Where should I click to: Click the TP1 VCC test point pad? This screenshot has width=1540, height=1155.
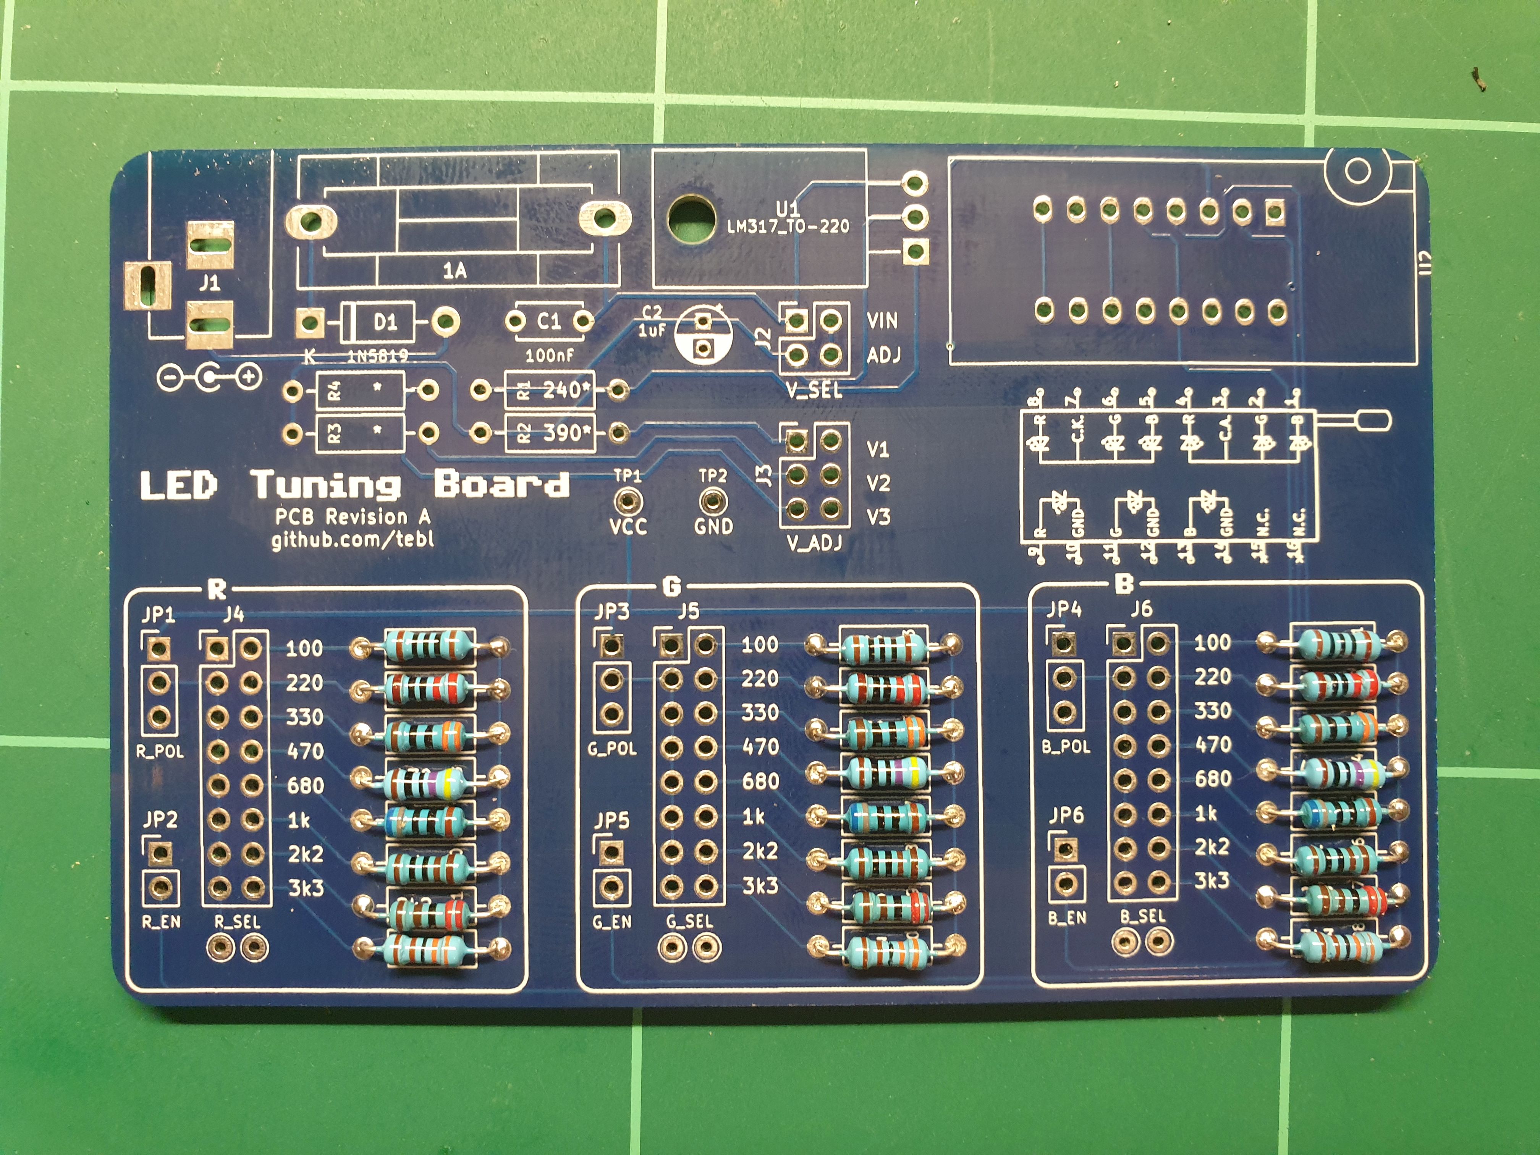(628, 501)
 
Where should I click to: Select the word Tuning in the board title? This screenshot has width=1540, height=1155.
(326, 485)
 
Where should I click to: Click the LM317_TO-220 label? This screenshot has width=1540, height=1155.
(788, 226)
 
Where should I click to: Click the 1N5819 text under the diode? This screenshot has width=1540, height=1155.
(377, 356)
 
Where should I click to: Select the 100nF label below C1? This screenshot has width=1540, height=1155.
(549, 356)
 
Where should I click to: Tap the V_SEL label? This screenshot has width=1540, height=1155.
(815, 390)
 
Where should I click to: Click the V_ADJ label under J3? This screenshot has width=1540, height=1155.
(815, 542)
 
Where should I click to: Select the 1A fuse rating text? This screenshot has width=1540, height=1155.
(455, 271)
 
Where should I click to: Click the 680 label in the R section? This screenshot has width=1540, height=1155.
(306, 785)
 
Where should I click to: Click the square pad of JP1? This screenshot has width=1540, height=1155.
(159, 648)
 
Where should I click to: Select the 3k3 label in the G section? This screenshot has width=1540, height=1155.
(760, 886)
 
